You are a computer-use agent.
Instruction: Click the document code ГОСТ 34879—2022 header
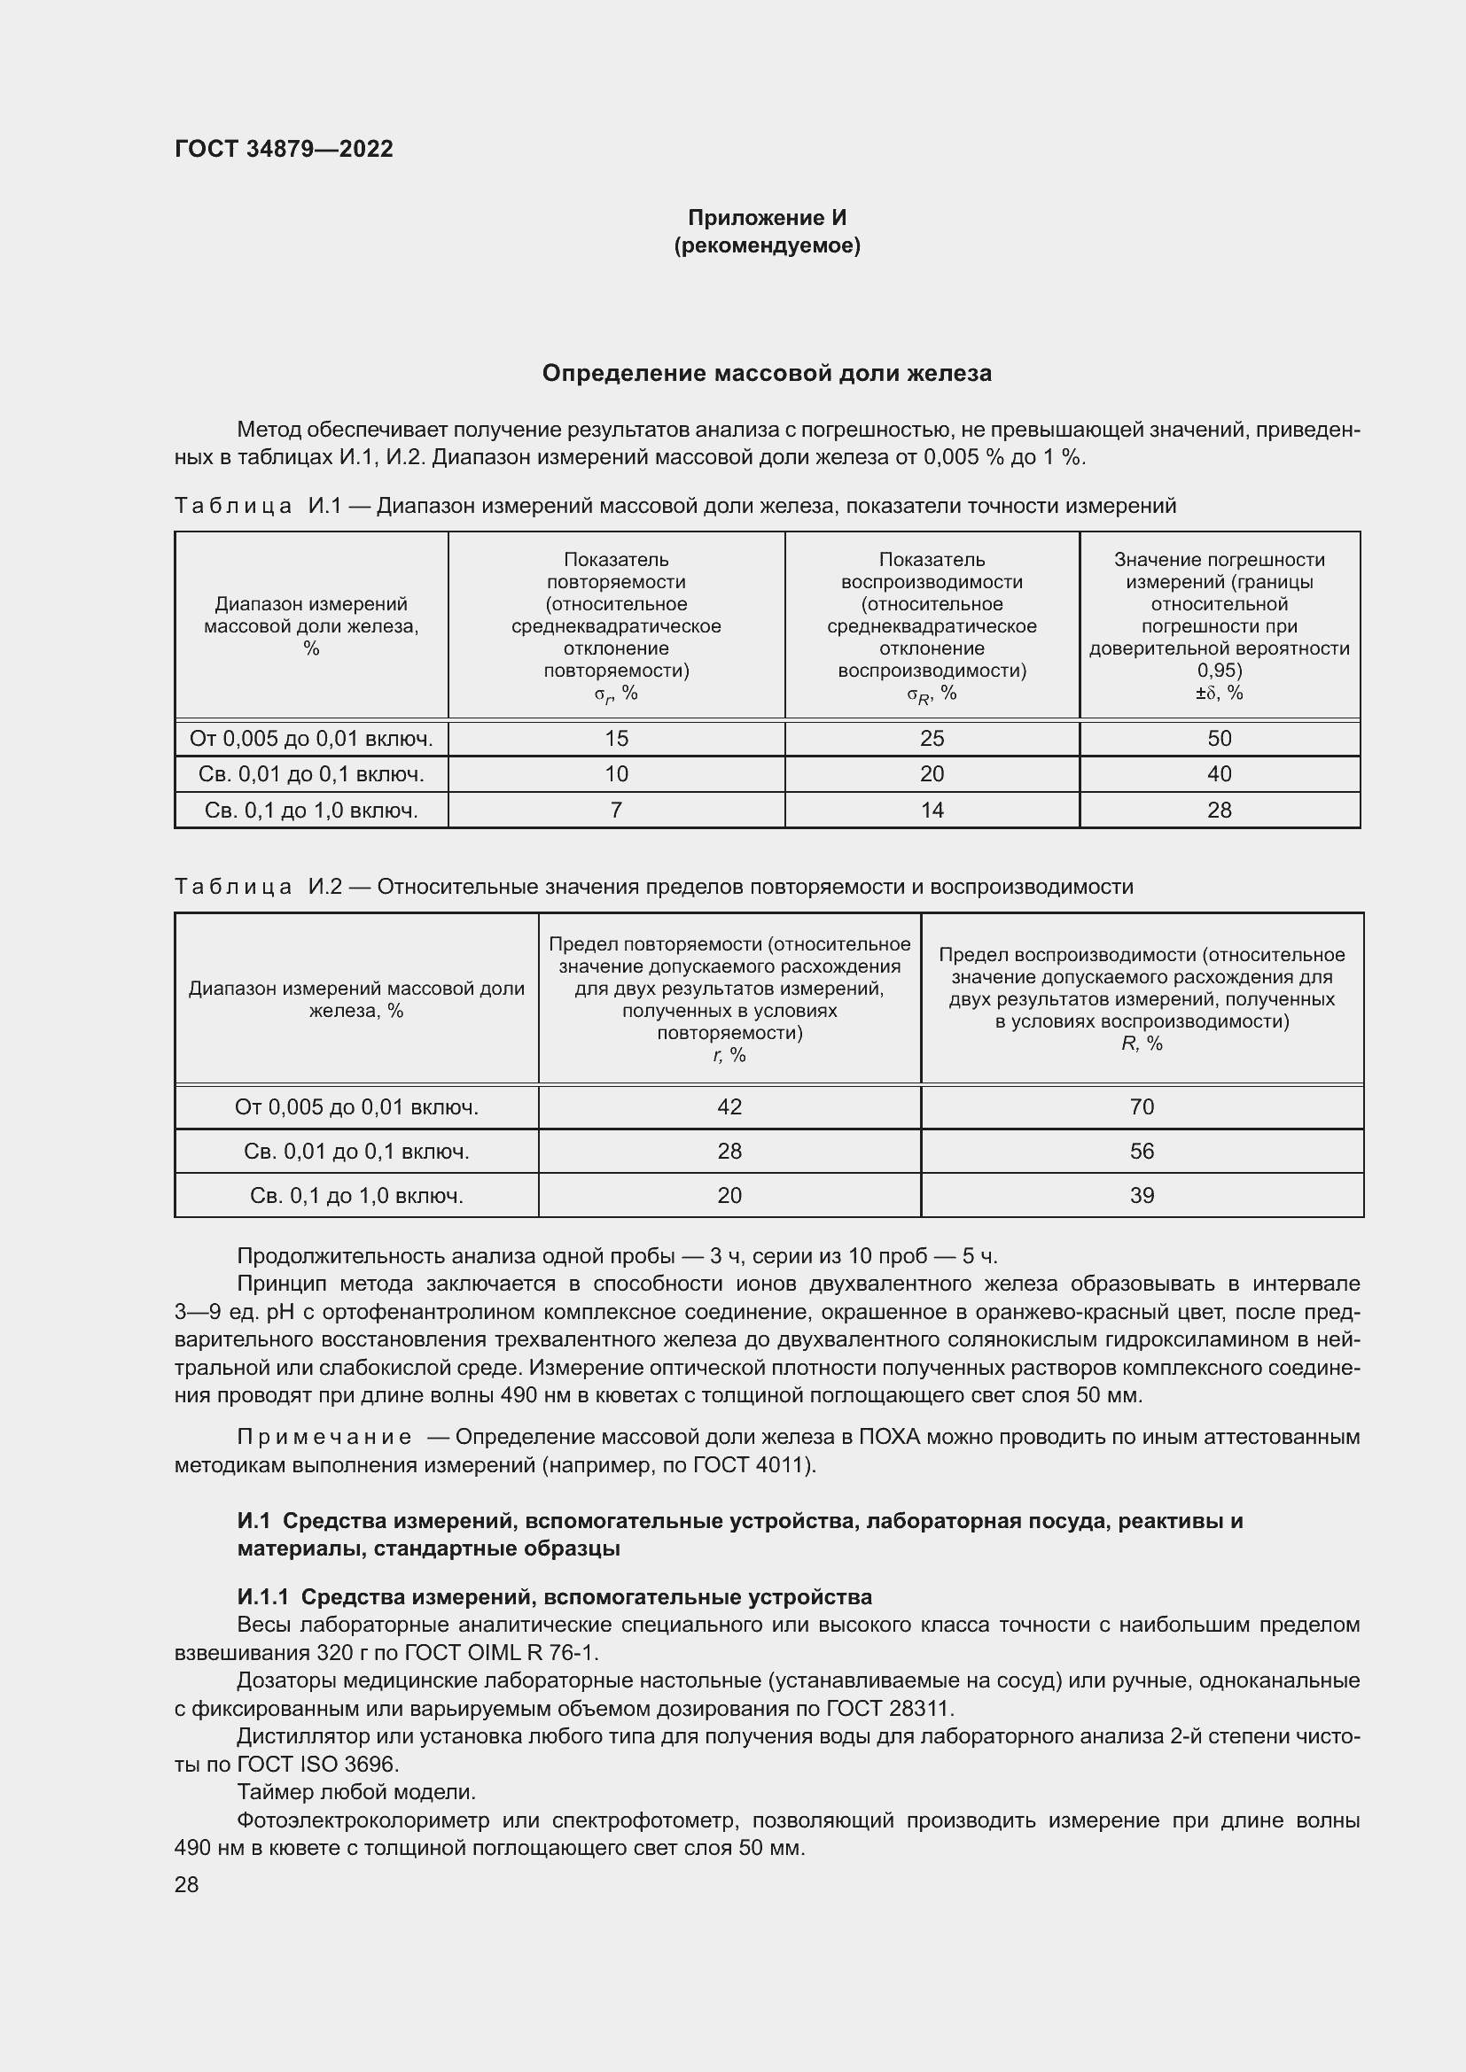click(284, 149)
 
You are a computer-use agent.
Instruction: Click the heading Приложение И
click(767, 218)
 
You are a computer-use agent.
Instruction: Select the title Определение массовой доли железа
click(767, 373)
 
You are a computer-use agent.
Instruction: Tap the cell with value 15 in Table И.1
click(616, 738)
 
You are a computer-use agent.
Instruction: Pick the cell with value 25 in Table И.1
click(932, 738)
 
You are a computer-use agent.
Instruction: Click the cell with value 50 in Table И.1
click(1219, 738)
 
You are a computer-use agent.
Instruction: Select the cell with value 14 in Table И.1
click(932, 810)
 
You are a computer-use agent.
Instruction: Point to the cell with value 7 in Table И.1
click(616, 810)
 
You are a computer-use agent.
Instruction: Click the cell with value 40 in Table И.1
click(1219, 773)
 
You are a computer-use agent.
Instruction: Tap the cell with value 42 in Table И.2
click(729, 1106)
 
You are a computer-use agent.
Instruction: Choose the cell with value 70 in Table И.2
click(1141, 1106)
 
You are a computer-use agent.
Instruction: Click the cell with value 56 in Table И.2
click(1141, 1151)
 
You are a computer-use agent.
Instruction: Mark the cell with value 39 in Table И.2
click(1141, 1195)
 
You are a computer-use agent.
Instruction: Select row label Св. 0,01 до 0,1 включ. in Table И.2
click(355, 1151)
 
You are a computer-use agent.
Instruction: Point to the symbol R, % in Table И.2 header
click(1141, 1044)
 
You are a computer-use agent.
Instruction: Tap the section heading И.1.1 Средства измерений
click(554, 1597)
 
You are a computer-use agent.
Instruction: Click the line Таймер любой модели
click(355, 1791)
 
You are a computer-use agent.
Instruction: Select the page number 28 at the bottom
click(187, 1884)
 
